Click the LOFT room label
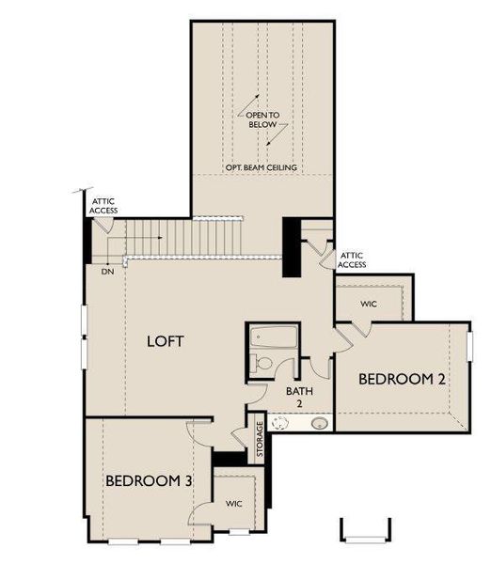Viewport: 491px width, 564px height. (165, 341)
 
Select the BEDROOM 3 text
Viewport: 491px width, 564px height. (149, 480)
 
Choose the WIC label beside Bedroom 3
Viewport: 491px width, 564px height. (234, 504)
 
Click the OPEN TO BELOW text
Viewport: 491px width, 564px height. (262, 119)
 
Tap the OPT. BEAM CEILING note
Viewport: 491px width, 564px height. (261, 167)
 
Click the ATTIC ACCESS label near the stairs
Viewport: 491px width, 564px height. (103, 206)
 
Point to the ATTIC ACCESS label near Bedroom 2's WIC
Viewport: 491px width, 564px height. (352, 259)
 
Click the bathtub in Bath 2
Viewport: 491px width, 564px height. (274, 338)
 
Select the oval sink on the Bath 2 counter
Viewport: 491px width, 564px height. (320, 423)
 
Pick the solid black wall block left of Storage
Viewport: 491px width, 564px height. (229, 459)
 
